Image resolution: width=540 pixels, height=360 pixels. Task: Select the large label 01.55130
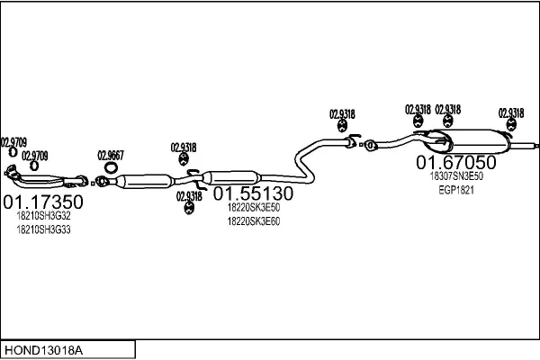(253, 193)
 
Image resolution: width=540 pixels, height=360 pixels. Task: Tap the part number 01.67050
(455, 162)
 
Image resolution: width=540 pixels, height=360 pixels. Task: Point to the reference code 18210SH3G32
(43, 216)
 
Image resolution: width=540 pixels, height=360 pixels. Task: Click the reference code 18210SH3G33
(43, 229)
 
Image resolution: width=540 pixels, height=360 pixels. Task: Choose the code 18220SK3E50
(253, 207)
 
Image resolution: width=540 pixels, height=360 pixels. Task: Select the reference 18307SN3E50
(456, 176)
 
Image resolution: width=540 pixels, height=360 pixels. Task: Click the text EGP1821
(455, 190)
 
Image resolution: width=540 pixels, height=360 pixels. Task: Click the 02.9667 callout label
(111, 154)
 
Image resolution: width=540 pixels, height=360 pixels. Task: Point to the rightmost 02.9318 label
(510, 112)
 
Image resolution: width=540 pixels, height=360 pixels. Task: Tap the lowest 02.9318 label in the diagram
(189, 195)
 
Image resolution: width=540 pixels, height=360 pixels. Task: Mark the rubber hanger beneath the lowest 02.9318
(189, 209)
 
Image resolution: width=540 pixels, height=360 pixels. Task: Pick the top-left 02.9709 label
(13, 141)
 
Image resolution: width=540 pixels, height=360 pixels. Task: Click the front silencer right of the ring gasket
(144, 181)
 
